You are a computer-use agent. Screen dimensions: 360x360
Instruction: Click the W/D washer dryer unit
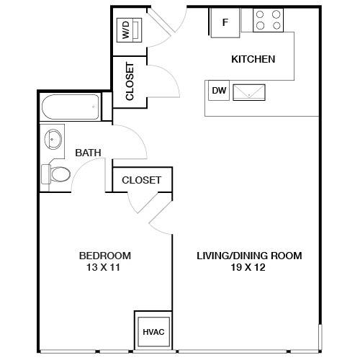pyautogui.click(x=129, y=30)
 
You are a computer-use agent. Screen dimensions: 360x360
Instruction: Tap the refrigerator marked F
pyautogui.click(x=225, y=23)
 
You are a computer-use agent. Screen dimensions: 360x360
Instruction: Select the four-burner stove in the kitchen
pyautogui.click(x=268, y=20)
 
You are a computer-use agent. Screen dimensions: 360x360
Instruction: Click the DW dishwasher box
pyautogui.click(x=219, y=91)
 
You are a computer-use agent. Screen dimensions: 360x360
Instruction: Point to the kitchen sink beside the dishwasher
pyautogui.click(x=249, y=92)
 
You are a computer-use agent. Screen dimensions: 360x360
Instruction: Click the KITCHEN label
pyautogui.click(x=253, y=59)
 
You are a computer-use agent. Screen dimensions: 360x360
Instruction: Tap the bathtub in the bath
pyautogui.click(x=71, y=107)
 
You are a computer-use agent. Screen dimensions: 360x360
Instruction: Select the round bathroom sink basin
pyautogui.click(x=53, y=139)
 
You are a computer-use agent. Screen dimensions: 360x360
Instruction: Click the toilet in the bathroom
pyautogui.click(x=55, y=174)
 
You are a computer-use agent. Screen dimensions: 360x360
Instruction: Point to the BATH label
pyautogui.click(x=88, y=153)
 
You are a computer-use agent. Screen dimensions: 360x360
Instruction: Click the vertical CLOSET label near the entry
pyautogui.click(x=130, y=81)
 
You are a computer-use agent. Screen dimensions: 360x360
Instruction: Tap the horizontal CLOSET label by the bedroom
pyautogui.click(x=141, y=180)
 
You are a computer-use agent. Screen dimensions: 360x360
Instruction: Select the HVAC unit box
pyautogui.click(x=153, y=332)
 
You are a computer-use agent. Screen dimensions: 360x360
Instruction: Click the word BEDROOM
pyautogui.click(x=105, y=256)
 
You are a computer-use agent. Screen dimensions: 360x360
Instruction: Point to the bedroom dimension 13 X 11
pyautogui.click(x=103, y=267)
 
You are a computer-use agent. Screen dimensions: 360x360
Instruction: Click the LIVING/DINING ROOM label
pyautogui.click(x=249, y=256)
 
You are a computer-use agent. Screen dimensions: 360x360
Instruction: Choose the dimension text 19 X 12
pyautogui.click(x=248, y=267)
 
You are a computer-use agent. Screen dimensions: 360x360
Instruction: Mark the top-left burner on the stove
pyautogui.click(x=260, y=14)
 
